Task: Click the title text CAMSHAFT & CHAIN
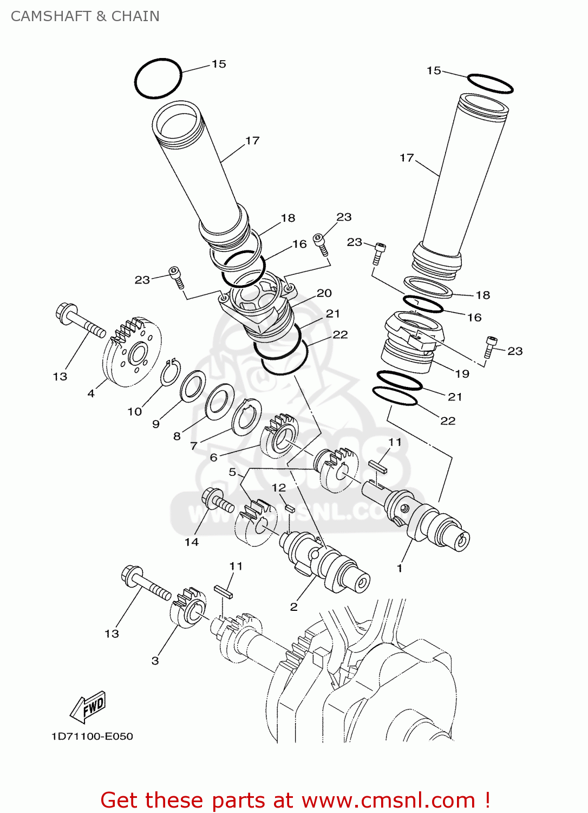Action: (x=85, y=16)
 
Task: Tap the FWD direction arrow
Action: (x=88, y=707)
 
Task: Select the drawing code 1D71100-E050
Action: (x=92, y=737)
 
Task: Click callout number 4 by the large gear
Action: (x=91, y=393)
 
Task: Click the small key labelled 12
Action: (x=290, y=508)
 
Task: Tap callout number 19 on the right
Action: (x=462, y=373)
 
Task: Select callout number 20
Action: (x=324, y=293)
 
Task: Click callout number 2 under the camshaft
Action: (x=293, y=606)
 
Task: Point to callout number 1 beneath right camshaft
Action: (x=400, y=568)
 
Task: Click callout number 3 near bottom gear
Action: (x=155, y=661)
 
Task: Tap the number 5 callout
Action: (x=232, y=472)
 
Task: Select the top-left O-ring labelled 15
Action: (x=158, y=79)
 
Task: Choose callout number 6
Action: (x=213, y=457)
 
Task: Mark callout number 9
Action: (x=156, y=424)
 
